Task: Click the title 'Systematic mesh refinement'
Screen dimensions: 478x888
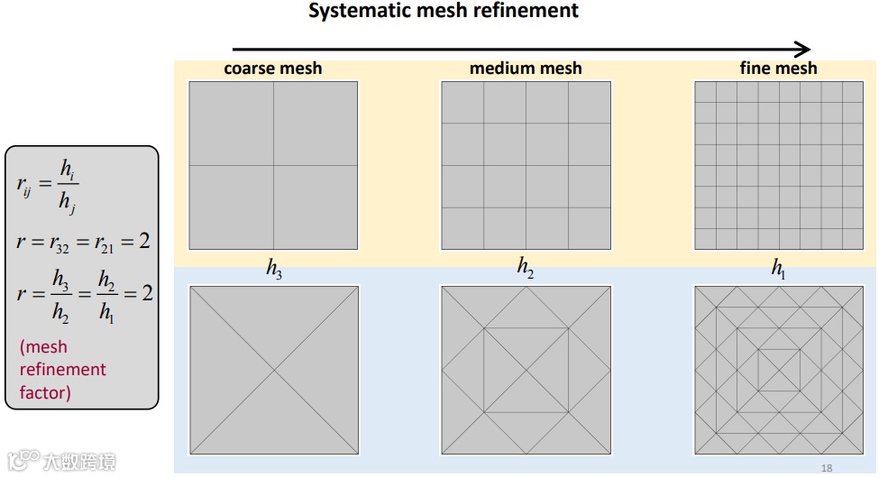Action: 443,12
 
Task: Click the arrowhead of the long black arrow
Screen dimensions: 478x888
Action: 803,50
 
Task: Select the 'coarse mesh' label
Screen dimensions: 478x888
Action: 272,69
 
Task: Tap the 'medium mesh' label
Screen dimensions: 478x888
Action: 526,69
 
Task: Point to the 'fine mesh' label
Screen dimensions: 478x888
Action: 778,69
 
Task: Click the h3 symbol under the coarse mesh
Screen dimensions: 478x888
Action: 274,270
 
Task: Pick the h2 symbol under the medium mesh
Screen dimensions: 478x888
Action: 526,268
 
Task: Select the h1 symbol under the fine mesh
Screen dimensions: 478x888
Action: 778,270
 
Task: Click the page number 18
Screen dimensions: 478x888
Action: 828,468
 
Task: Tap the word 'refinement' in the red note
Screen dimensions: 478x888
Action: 63,370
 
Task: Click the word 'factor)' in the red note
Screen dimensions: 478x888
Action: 45,392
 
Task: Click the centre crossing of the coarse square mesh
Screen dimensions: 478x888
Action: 273,165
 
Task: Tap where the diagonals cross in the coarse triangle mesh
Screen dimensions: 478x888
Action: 273,370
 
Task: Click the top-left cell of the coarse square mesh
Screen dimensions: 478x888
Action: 231,124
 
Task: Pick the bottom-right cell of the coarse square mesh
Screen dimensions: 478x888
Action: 316,207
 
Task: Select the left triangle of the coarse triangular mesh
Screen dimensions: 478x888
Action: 221,370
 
